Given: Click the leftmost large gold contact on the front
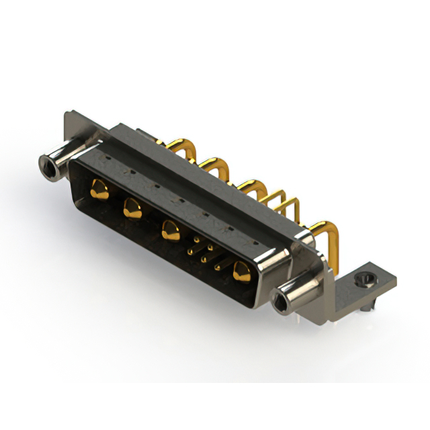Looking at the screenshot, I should tap(99, 189).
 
